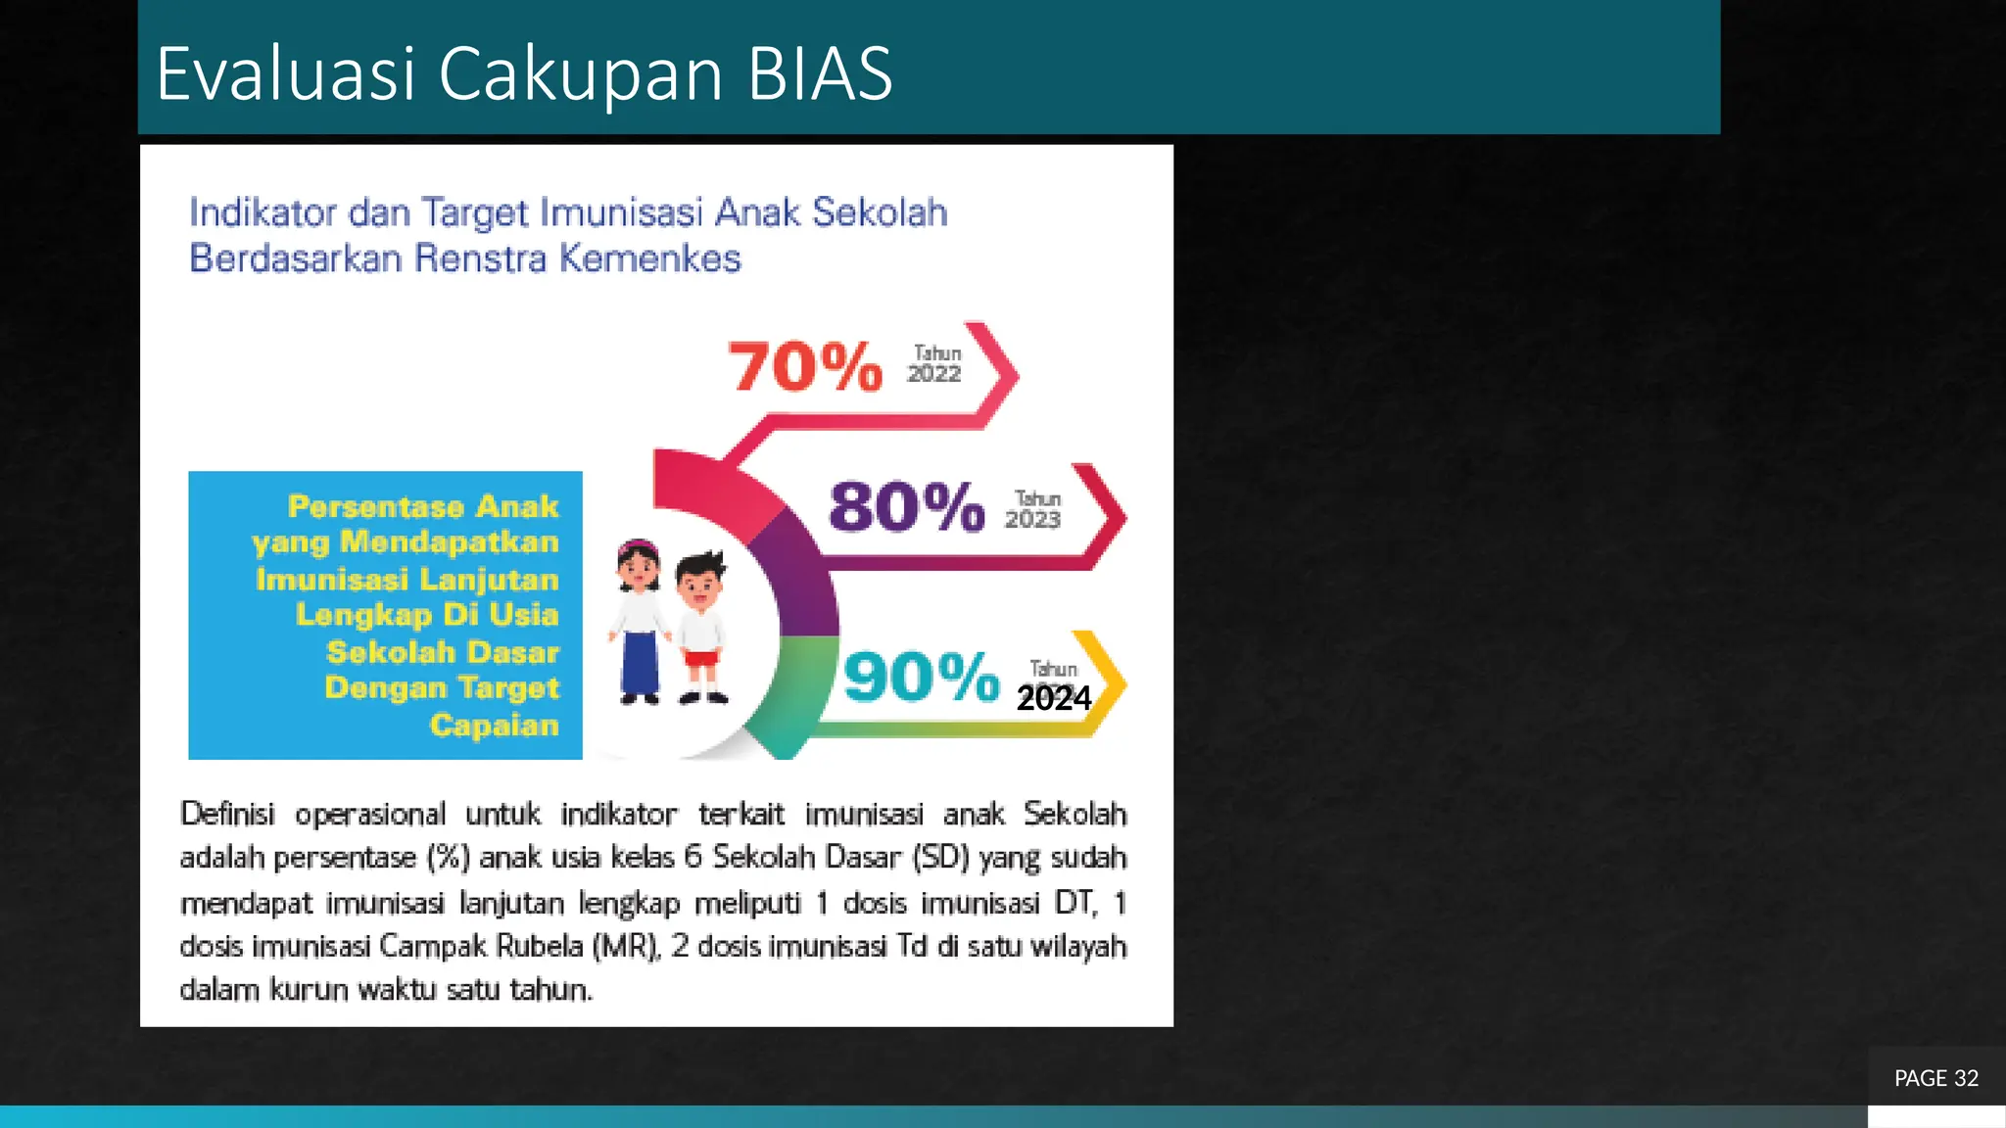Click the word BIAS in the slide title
[820, 73]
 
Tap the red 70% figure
[805, 367]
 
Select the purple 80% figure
[906, 507]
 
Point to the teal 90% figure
[921, 677]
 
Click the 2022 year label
[934, 374]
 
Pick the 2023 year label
[1032, 520]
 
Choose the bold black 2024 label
[1054, 698]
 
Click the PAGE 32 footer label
[1936, 1078]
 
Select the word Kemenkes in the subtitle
[650, 258]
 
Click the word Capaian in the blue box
[495, 726]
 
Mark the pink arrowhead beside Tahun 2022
[999, 374]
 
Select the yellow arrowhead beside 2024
[1107, 682]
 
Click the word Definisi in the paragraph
[227, 814]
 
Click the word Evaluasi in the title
[286, 73]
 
